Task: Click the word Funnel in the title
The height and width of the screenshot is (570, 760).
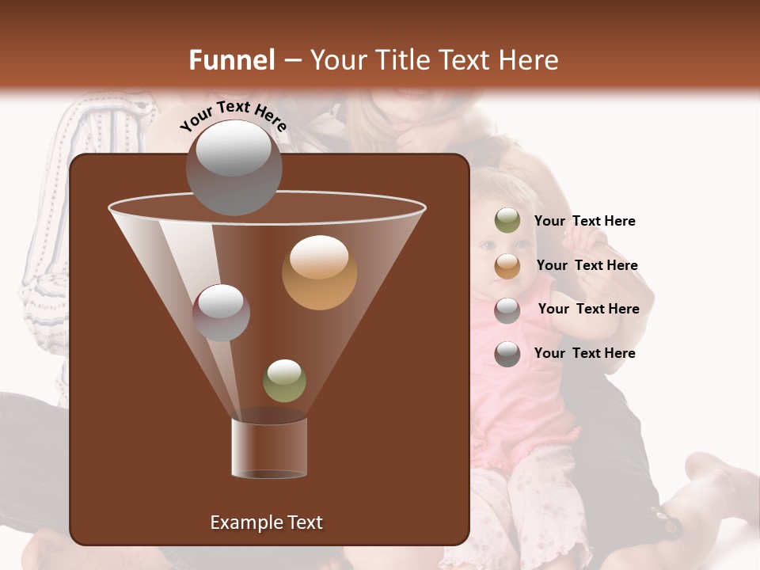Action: click(232, 60)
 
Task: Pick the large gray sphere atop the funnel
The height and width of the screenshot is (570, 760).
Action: click(234, 166)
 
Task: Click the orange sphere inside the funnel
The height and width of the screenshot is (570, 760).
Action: click(319, 272)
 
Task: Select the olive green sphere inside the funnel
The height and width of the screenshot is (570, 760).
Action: click(284, 380)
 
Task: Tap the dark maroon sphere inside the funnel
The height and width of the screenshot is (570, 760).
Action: click(221, 312)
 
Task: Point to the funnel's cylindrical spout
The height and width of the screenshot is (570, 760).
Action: click(269, 448)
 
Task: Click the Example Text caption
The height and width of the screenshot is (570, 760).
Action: click(266, 522)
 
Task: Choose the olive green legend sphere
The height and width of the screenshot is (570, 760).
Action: click(507, 221)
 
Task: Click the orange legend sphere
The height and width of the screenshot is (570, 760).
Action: click(507, 266)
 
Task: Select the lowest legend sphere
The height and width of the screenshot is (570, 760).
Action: click(507, 354)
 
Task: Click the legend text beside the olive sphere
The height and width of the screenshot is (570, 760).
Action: click(584, 221)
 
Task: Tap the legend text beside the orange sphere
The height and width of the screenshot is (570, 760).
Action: click(587, 265)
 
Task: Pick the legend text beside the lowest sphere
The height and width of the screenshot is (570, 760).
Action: click(584, 353)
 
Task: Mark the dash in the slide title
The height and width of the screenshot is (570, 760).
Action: click(291, 61)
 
